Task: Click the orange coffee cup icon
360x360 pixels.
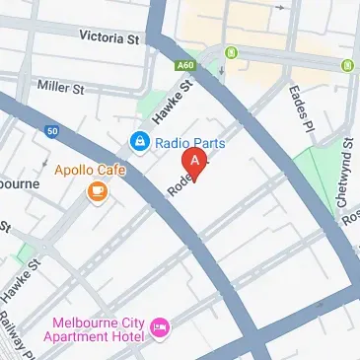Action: point(97,191)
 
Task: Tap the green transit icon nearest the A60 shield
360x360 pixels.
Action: point(232,51)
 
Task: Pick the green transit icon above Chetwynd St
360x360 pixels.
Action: point(347,65)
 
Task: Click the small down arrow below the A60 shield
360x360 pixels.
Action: point(222,71)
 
